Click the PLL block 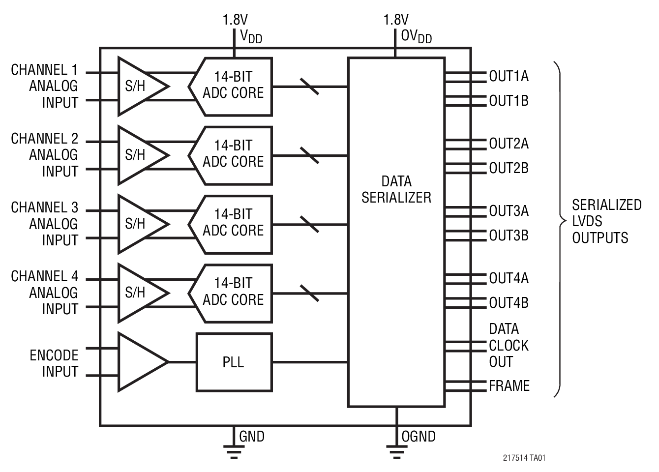point(234,362)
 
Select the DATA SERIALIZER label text point(396,189)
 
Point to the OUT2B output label point(509,168)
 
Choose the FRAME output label point(509,386)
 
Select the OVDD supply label point(416,36)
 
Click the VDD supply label point(251,36)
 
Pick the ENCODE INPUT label point(54,363)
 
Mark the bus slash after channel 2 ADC point(309,155)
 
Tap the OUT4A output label point(509,278)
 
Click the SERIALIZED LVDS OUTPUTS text point(606,221)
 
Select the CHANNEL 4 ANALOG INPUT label point(45,293)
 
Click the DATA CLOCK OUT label point(508,345)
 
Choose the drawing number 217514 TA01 point(524,458)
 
